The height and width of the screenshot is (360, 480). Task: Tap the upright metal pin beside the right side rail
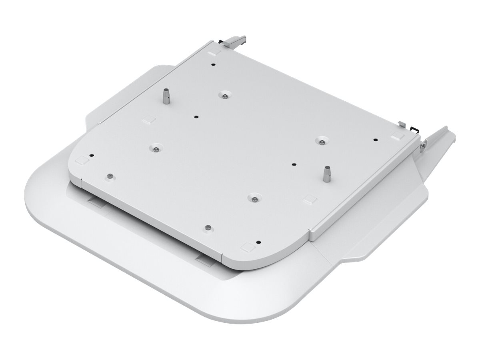(327, 173)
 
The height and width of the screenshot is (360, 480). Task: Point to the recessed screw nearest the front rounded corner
(253, 197)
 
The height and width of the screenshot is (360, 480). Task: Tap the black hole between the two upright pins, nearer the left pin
(196, 116)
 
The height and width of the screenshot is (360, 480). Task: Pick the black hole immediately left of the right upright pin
(294, 164)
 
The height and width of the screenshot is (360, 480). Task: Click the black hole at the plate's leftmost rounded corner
(92, 156)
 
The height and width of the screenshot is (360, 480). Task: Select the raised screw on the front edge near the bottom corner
(207, 227)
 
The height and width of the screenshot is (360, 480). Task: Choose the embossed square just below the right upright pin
(308, 198)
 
